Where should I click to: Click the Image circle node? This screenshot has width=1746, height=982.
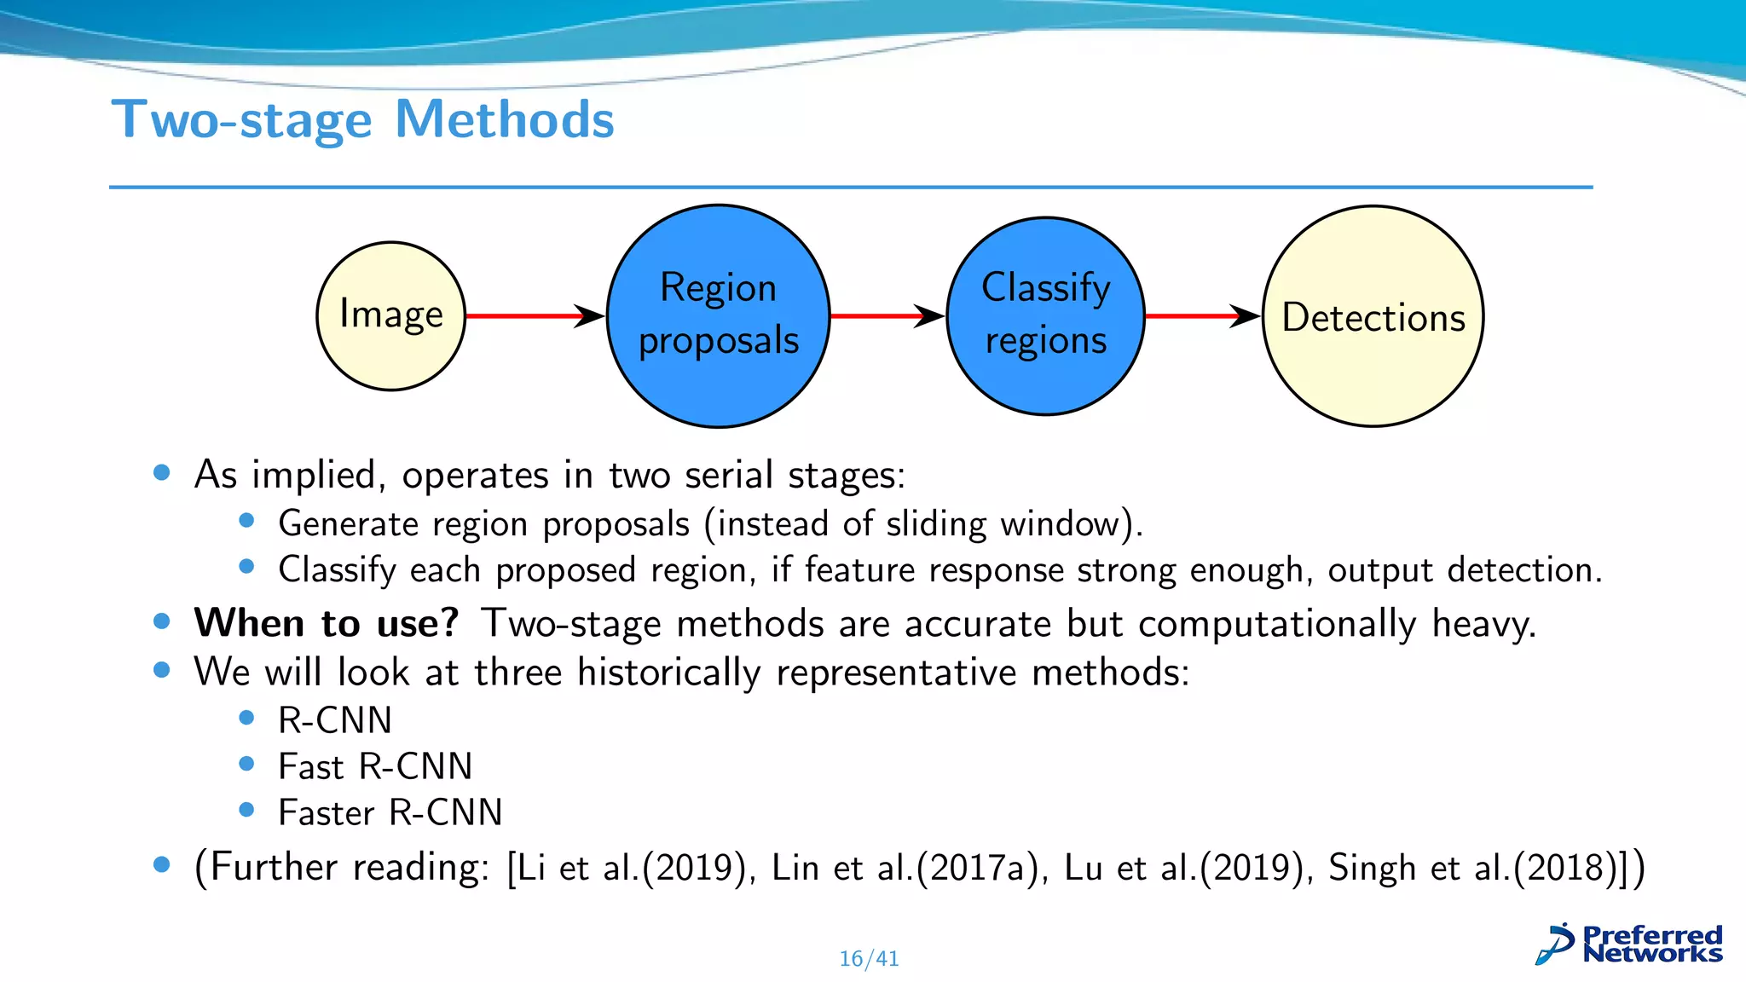coord(391,316)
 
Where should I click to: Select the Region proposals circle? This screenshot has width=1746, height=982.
coord(718,316)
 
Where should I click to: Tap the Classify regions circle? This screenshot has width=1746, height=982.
coord(1045,316)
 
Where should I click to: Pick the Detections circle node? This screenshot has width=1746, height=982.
coord(1373,316)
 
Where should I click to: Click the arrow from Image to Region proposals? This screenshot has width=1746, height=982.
coord(535,316)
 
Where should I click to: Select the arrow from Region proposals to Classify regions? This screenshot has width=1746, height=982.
coord(887,316)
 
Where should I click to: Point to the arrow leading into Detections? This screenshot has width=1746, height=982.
coord(1202,316)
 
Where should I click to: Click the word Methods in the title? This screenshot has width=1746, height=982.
coord(505,119)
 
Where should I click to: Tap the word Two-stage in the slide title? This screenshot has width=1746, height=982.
coord(242,119)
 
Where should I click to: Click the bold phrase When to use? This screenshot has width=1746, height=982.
coord(327,623)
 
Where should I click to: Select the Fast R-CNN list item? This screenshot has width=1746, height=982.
coord(375,766)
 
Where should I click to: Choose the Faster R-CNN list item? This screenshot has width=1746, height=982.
coord(390,812)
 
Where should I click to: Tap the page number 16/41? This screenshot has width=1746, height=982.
coord(869,959)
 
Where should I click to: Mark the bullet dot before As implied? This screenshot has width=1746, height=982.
coord(162,472)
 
